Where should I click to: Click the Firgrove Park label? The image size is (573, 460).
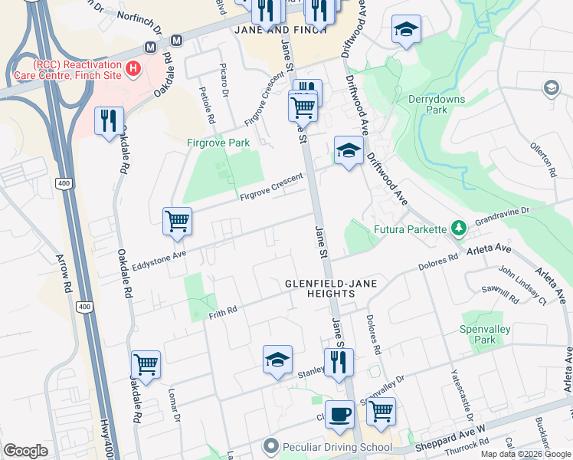tap(218, 143)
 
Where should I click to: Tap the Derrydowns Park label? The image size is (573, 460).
tap(427, 104)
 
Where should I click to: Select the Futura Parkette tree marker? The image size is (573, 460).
tap(458, 228)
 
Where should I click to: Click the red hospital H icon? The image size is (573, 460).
tap(134, 69)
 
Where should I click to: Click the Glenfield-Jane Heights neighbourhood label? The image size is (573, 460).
tap(320, 287)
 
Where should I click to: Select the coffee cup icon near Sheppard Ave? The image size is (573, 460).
tap(339, 414)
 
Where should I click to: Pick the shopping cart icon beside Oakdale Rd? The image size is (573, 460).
tap(146, 364)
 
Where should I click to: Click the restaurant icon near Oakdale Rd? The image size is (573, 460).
tap(109, 120)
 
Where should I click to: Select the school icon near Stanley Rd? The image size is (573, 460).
tap(277, 359)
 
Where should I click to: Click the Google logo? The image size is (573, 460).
tap(25, 451)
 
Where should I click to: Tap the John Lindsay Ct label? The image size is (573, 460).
tap(522, 285)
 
